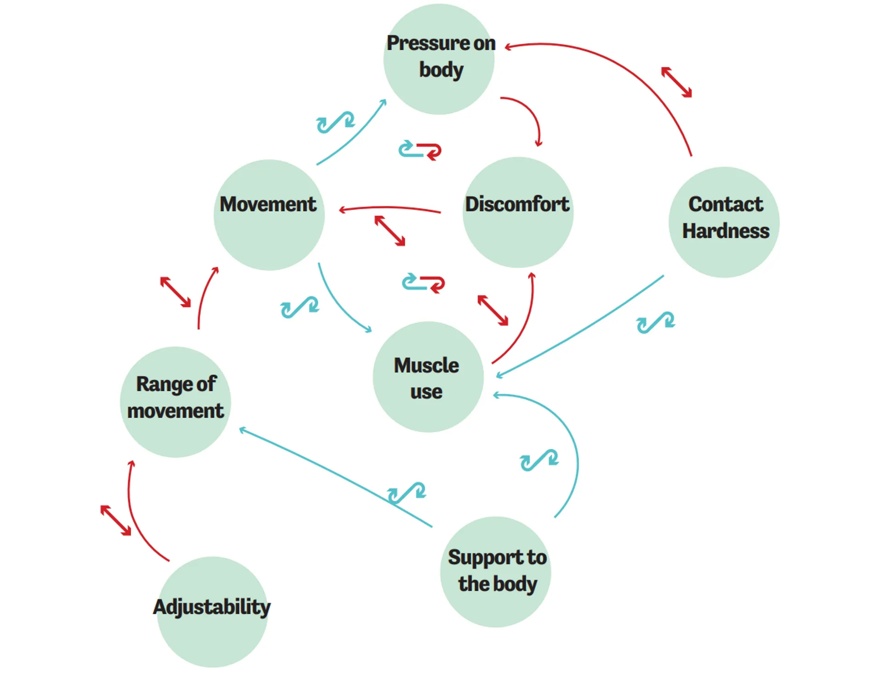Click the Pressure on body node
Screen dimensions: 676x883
click(x=439, y=59)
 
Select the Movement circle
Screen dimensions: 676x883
click(x=269, y=214)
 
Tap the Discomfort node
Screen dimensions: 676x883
click(x=518, y=212)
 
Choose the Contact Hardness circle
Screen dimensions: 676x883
click(x=724, y=222)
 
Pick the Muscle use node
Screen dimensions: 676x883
click(x=428, y=377)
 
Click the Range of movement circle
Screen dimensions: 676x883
click(x=175, y=402)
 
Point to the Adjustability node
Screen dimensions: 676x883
click(x=212, y=612)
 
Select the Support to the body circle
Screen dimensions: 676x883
click(x=495, y=572)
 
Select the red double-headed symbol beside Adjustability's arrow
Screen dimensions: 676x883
click(x=115, y=520)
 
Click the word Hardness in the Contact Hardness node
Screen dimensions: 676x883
click(x=725, y=231)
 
